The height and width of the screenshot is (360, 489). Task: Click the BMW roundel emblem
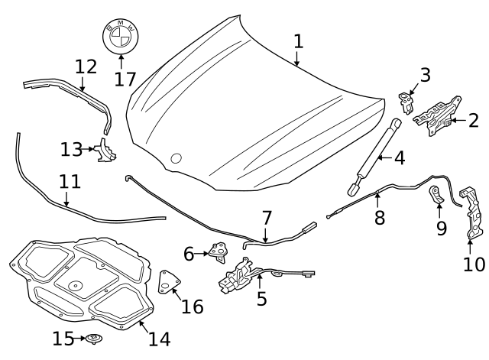click(x=121, y=36)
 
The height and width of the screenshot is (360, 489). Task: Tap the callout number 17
click(x=125, y=79)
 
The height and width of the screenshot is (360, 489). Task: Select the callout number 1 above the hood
click(x=299, y=41)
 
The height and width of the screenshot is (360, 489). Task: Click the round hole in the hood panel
click(x=176, y=158)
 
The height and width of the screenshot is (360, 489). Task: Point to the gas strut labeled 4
click(x=374, y=157)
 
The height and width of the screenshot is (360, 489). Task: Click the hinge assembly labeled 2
click(x=438, y=116)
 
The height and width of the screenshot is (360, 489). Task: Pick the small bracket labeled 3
click(x=406, y=102)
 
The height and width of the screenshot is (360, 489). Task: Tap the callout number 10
click(x=474, y=264)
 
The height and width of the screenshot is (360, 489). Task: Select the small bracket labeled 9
click(x=436, y=194)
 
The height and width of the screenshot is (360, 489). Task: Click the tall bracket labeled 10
click(x=472, y=213)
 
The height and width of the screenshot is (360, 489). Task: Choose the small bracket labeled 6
click(x=219, y=251)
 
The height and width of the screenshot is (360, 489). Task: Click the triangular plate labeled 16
click(x=169, y=282)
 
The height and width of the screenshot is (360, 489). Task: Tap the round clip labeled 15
click(x=94, y=338)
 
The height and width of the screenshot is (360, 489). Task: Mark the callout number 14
click(x=160, y=339)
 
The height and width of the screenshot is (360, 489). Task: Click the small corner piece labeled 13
click(x=106, y=151)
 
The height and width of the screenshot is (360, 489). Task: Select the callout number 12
click(x=86, y=66)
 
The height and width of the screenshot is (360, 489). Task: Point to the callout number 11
click(x=70, y=182)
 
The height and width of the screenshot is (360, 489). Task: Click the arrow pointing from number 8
click(x=377, y=200)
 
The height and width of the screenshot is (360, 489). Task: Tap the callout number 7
click(x=267, y=218)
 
